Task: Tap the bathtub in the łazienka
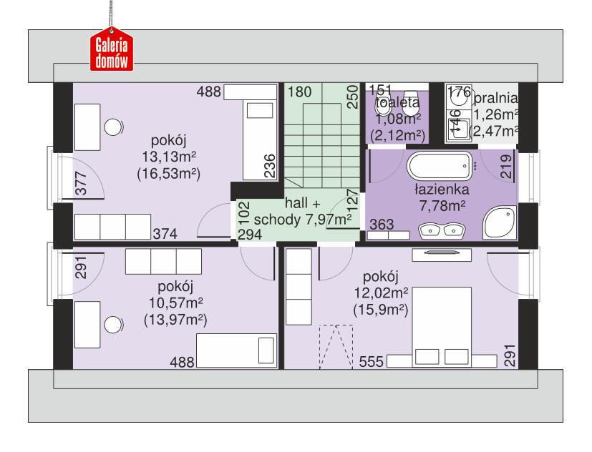coord(440,167)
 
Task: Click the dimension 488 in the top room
coord(209,92)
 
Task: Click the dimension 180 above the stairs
coord(300,92)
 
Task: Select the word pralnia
coord(495,98)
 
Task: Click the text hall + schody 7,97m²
coord(304,211)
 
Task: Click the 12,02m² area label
coord(380,293)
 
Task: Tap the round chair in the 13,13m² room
coord(113,127)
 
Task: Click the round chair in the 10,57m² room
coord(113,325)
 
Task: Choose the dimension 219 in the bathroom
coord(505,167)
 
